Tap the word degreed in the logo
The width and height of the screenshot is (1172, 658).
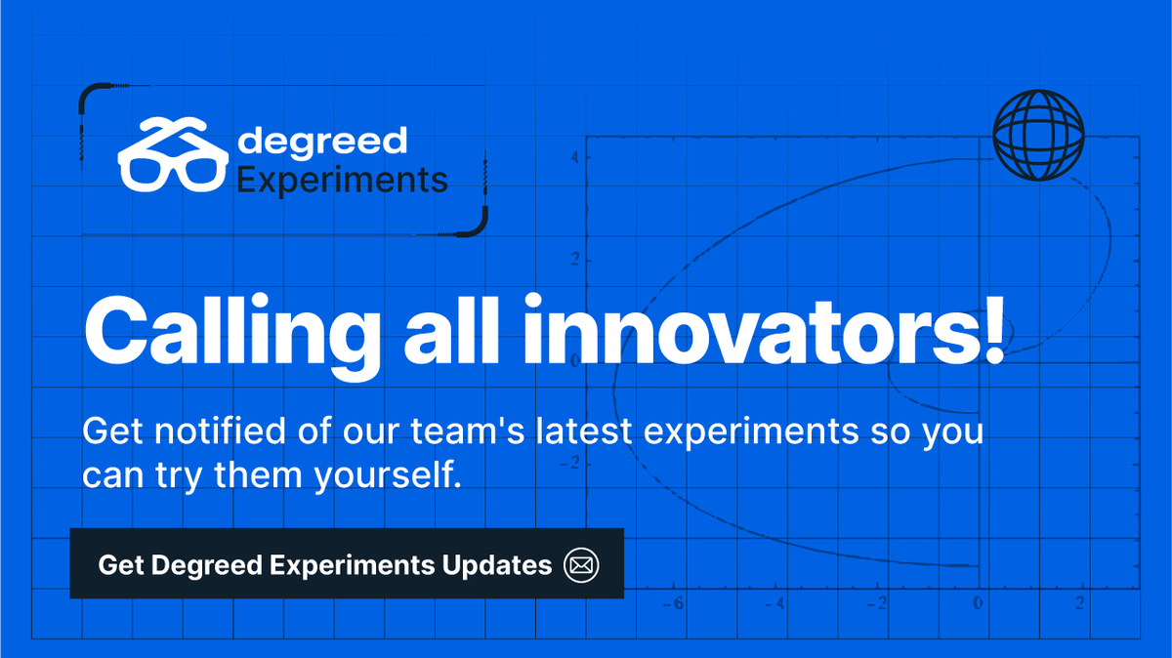[x=322, y=141]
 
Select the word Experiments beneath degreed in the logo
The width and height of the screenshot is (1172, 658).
[x=343, y=181]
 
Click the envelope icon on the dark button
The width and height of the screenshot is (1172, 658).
[x=581, y=564]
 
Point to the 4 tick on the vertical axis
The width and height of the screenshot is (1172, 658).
[x=576, y=157]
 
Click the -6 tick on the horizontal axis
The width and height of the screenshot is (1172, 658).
[x=673, y=603]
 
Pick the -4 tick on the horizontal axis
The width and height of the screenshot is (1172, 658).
[x=774, y=603]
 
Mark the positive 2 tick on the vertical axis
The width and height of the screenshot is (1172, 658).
[x=576, y=260]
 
